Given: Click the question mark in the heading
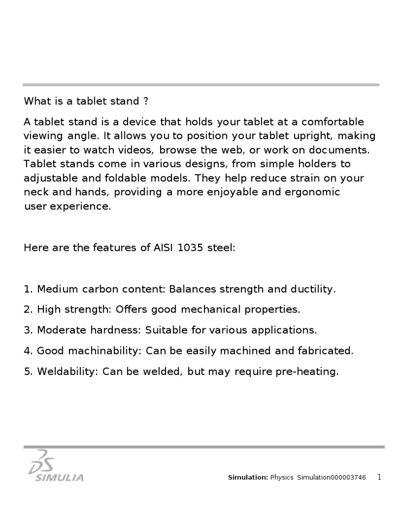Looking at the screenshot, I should (145, 101).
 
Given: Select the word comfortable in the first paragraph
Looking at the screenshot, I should (333, 122).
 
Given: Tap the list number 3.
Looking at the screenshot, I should (28, 331).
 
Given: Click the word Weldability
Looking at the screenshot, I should (68, 372).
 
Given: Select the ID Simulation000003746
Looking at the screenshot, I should (331, 478).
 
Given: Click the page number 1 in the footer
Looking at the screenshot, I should (379, 478).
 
